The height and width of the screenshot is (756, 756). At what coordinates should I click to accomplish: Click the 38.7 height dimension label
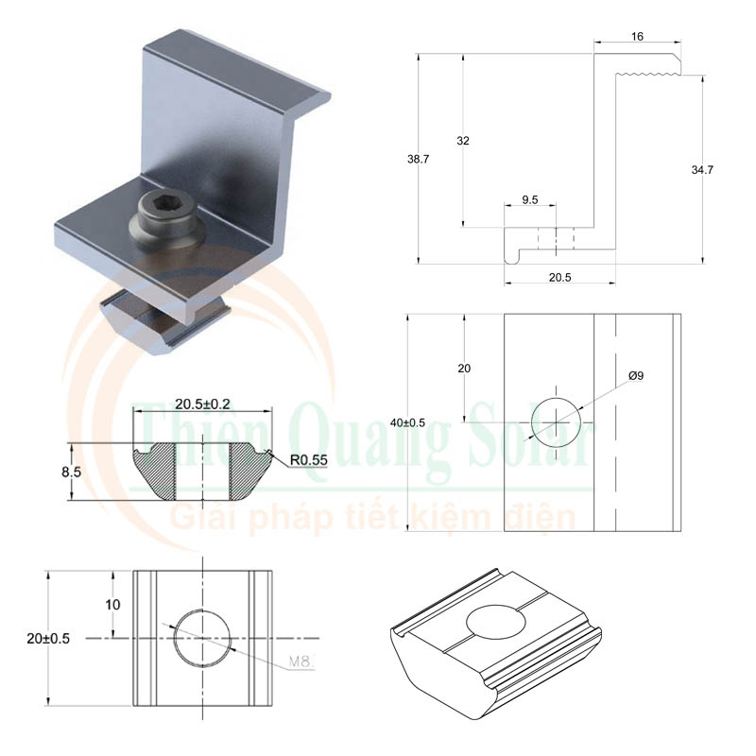coord(418,159)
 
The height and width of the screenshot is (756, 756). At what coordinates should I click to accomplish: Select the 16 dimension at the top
coord(637,37)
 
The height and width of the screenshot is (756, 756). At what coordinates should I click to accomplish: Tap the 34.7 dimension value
coord(702,170)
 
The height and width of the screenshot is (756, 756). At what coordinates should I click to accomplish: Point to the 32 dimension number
coord(463,141)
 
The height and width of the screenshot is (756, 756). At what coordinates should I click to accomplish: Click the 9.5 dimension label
coord(530,200)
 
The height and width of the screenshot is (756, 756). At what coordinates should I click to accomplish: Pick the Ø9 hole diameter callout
coord(636,375)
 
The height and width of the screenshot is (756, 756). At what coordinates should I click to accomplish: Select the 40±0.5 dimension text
coord(408,422)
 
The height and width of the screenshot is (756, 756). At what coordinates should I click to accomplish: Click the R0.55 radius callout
coord(309,460)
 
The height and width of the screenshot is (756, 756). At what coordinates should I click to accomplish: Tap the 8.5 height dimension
coord(72,472)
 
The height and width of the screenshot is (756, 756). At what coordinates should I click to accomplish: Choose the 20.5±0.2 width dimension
coord(202,404)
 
